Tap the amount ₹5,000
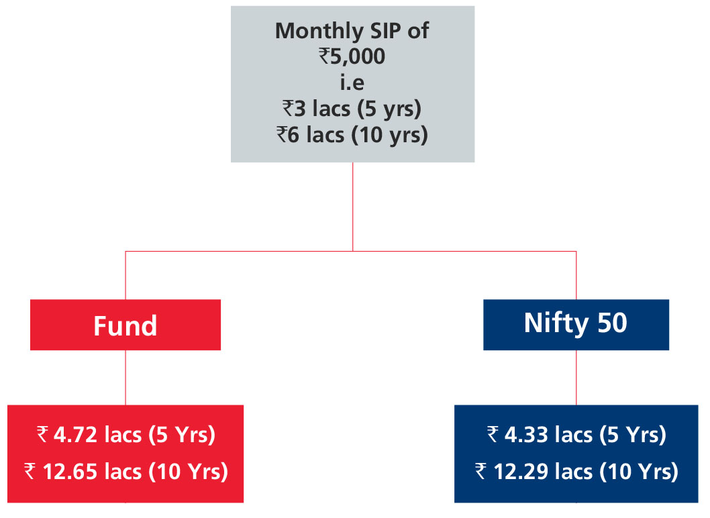point(352,56)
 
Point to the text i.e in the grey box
point(352,83)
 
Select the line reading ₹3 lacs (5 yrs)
point(352,109)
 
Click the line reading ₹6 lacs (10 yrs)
point(352,136)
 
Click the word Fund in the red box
point(125,325)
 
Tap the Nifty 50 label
point(576,323)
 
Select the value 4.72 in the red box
point(76,435)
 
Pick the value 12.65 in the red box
point(70,471)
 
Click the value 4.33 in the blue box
point(526,435)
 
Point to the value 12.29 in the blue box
point(520,471)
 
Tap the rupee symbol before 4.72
point(42,434)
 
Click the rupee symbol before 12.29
point(480,471)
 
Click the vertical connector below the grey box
point(353,207)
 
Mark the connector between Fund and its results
point(125,378)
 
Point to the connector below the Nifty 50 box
point(576,378)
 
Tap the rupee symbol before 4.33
point(493,434)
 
